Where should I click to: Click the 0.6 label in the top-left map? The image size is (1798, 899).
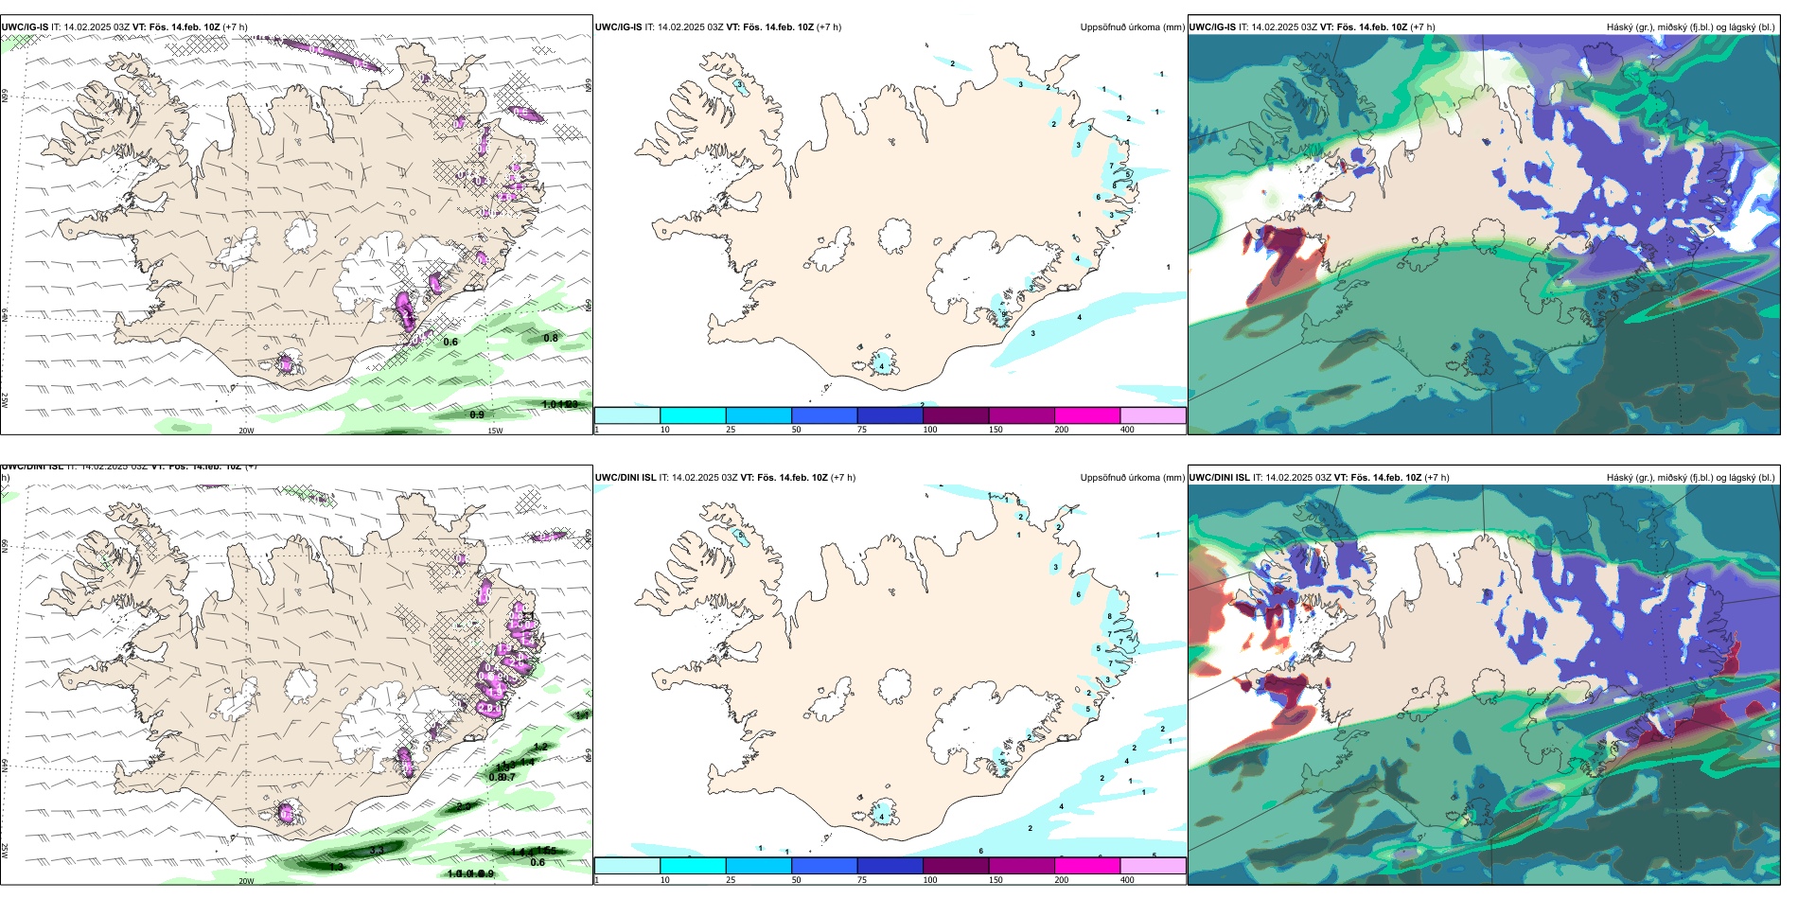coord(450,343)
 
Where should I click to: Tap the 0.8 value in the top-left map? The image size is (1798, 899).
coord(551,338)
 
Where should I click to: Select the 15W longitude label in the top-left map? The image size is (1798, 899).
coord(494,431)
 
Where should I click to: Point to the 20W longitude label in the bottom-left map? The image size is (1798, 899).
coord(246,881)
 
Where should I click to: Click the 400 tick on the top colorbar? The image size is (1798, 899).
coord(1127,430)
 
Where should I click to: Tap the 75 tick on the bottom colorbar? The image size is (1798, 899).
coord(861,880)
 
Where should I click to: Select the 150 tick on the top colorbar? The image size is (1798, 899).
coord(996,430)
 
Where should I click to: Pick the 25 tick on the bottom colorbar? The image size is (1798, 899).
coord(731,880)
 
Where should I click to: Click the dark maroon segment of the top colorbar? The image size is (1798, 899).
coord(956,415)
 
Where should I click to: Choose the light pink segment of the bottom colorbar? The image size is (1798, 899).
coord(1153,866)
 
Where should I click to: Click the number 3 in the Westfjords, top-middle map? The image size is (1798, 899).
coord(739,84)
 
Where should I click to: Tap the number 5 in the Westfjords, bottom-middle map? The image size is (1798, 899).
coord(740,535)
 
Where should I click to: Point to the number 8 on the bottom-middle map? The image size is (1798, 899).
coord(1109,617)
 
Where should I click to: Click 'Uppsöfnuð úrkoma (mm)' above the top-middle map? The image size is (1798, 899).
coord(1132,27)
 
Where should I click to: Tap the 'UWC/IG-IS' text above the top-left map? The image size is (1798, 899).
coord(26,27)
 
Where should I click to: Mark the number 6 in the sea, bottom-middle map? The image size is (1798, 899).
coord(980,851)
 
